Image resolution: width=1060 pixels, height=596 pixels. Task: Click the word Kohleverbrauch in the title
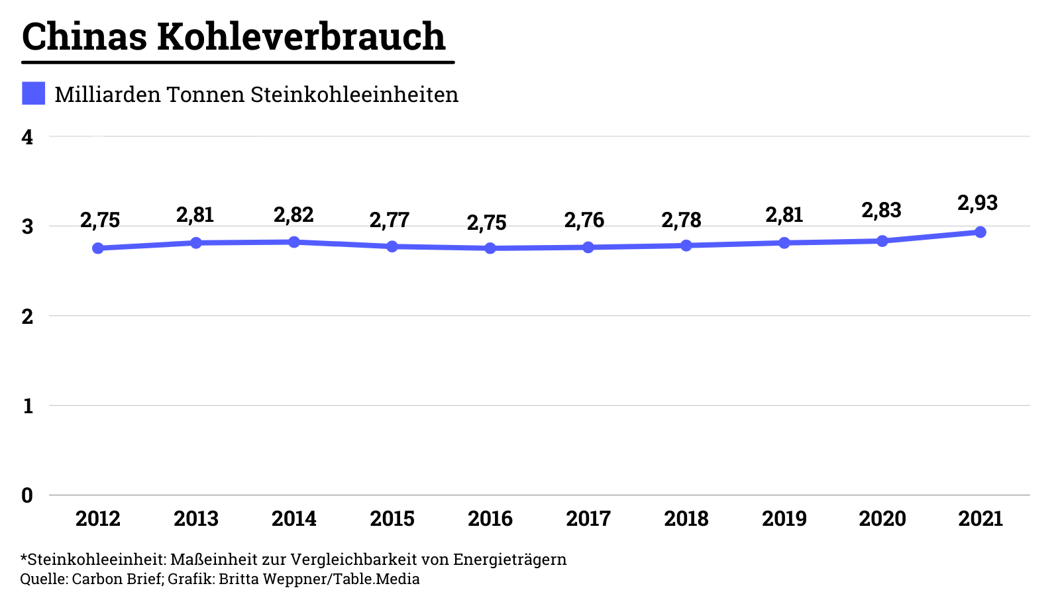[x=301, y=36]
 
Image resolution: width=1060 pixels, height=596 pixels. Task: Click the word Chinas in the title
[x=85, y=36]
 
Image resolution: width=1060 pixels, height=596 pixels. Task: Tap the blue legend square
[x=33, y=93]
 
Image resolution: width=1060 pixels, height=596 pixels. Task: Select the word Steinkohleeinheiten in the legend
[x=354, y=95]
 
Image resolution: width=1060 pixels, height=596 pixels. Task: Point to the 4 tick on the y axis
[x=27, y=137]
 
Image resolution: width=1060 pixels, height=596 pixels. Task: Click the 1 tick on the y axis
[x=27, y=406]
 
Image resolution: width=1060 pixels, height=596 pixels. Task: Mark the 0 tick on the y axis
[x=27, y=495]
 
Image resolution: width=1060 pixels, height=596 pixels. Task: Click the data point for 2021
[x=980, y=232]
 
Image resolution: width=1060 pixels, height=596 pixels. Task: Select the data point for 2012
[x=98, y=248]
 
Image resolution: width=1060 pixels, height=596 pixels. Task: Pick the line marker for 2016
[x=490, y=248]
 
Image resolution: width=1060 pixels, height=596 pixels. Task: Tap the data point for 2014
[x=294, y=242]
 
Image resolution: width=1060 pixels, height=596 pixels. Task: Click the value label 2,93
[x=977, y=203]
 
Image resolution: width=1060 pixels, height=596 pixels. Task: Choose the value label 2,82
[x=293, y=215]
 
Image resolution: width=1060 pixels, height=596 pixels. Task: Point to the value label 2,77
[x=390, y=220]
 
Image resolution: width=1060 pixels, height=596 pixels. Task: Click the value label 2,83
[x=881, y=211]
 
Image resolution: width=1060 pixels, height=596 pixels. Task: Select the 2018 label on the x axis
[x=686, y=519]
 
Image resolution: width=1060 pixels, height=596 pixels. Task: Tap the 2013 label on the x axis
[x=196, y=519]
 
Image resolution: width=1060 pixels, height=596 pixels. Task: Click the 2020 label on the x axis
[x=882, y=519]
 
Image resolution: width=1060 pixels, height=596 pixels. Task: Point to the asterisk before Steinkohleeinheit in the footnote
[x=24, y=558]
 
